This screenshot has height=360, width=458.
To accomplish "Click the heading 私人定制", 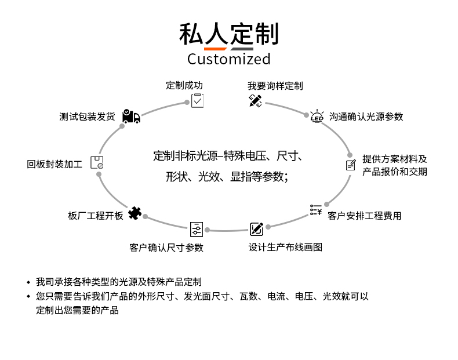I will pos(228,34).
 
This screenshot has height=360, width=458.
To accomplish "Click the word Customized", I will pos(228,59).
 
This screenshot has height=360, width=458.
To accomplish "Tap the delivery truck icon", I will pos(131,117).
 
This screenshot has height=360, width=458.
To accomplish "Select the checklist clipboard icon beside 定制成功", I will pos(198,100).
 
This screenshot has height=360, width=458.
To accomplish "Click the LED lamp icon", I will pos(317,116).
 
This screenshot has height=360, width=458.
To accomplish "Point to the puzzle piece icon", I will pos(135,213).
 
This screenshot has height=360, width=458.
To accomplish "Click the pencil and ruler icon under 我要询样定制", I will pos(255,101).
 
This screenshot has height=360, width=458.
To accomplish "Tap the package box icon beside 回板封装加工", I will pos(97,163).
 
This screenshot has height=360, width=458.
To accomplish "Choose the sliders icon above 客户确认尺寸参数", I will pos(197,229).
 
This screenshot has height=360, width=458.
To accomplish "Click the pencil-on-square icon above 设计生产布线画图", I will pos(256,229).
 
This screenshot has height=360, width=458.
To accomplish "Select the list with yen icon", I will pos(315,210).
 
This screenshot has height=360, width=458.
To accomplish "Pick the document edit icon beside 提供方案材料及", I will pos(351,165).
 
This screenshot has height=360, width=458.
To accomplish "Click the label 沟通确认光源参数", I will pos(366,117).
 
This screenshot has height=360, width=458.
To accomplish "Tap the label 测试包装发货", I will pos(87,117).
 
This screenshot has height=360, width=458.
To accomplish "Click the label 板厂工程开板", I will pos(96,216).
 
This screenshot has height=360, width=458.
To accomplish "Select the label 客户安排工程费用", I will pos(364,216).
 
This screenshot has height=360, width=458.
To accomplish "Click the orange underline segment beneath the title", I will pos(215,49).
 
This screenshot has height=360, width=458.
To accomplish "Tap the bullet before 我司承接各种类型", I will pos(28,282).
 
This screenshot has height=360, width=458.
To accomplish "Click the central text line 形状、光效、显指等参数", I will pos(227,177).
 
